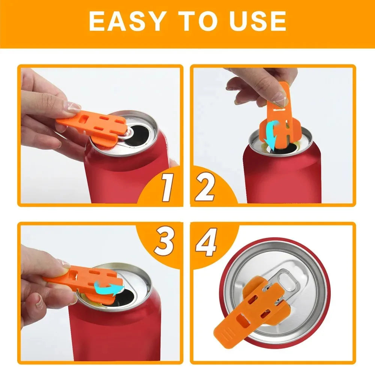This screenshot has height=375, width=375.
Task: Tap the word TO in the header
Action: pyautogui.click(x=198, y=21)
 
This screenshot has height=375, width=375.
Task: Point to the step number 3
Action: pyautogui.click(x=164, y=242)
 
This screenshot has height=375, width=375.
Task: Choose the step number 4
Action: pyautogui.click(x=207, y=244)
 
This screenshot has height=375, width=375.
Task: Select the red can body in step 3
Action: pyautogui.click(x=112, y=334)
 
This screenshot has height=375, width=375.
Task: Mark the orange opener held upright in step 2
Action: pyautogui.click(x=279, y=112)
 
